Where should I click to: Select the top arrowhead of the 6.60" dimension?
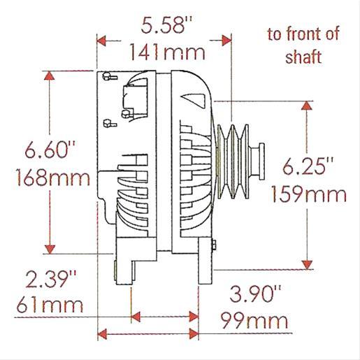pyautogui.click(x=50, y=77)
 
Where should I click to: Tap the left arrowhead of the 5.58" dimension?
pyautogui.click(x=102, y=40)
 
